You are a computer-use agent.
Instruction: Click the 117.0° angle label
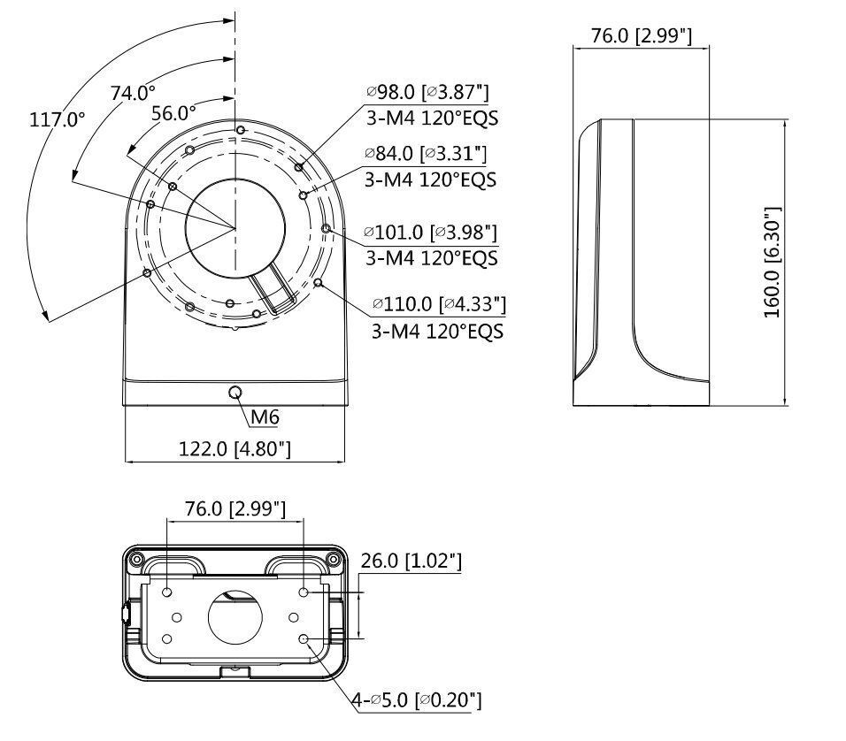coord(58,119)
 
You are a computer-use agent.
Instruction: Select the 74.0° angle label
coord(133,92)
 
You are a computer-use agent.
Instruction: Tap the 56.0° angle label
coord(173,112)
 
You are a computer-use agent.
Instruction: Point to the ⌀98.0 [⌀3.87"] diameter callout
coord(428,92)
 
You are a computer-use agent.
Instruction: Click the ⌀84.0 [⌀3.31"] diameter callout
coord(427,154)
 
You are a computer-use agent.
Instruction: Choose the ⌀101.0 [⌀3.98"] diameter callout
coord(431,233)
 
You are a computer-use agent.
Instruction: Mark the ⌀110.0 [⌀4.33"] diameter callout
coord(439,304)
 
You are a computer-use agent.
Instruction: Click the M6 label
coord(265,416)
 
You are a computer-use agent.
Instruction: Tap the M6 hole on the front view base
coord(235,392)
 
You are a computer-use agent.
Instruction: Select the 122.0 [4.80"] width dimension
coord(235,449)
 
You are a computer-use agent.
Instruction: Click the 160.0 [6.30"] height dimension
coord(772,263)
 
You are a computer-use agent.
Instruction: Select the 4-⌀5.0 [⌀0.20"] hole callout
coord(416,700)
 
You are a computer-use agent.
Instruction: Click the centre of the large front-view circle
coord(235,228)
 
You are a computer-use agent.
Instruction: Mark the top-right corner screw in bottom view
coord(333,558)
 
